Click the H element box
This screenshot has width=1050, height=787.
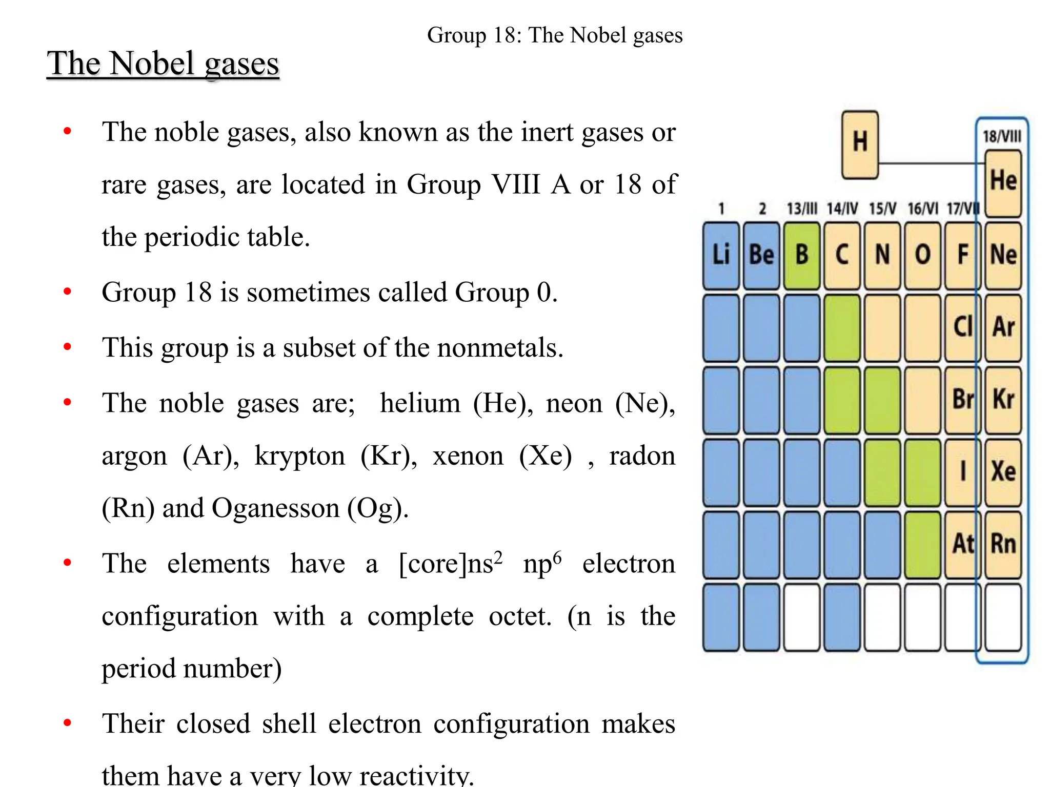(x=860, y=144)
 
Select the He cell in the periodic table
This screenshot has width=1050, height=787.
(x=1003, y=183)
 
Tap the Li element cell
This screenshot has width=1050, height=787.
(x=721, y=255)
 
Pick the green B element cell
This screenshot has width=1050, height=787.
(x=802, y=255)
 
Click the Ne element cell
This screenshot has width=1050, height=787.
(x=1003, y=255)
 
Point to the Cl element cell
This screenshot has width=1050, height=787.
(x=962, y=327)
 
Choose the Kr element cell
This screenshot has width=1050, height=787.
(x=1003, y=400)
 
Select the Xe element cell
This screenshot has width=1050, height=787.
(x=1003, y=472)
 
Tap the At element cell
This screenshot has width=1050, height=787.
(x=962, y=544)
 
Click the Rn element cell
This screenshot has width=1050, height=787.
(x=1003, y=544)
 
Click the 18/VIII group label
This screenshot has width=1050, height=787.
(x=1002, y=136)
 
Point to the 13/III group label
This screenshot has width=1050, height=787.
(x=802, y=209)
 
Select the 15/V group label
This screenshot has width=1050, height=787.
(x=882, y=209)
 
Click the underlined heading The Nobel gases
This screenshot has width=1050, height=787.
(x=163, y=64)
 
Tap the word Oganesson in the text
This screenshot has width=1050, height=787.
(x=275, y=508)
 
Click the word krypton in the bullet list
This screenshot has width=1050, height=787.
(x=299, y=455)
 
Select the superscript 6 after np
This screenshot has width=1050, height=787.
(x=557, y=556)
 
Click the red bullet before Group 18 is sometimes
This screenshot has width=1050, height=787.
(x=67, y=292)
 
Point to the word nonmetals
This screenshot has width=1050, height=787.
(x=500, y=348)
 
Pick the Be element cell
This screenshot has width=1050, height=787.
(x=761, y=255)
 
